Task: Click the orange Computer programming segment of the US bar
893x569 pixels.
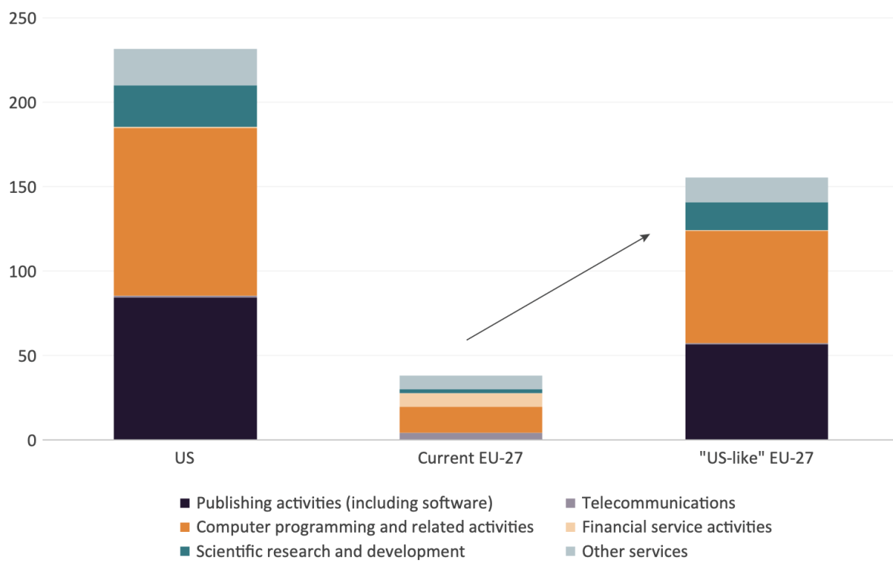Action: click(x=185, y=212)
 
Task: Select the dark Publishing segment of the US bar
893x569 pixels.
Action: click(x=185, y=368)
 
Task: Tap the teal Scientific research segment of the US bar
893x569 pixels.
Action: click(x=185, y=106)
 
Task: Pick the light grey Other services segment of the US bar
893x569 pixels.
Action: click(x=185, y=67)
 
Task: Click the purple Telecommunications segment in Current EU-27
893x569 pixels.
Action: click(x=471, y=436)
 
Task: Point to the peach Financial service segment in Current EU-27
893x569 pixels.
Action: click(x=471, y=400)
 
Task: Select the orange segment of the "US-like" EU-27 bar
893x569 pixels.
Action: click(x=756, y=287)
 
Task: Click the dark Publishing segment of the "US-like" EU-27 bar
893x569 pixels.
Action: click(x=756, y=392)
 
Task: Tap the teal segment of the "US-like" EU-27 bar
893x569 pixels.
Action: click(x=756, y=216)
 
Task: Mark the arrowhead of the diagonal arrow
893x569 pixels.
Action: click(x=646, y=237)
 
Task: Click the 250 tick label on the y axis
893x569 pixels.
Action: click(x=23, y=18)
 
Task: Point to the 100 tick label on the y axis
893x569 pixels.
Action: click(x=23, y=272)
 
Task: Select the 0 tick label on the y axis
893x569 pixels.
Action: click(x=31, y=440)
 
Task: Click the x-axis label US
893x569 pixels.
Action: click(x=185, y=459)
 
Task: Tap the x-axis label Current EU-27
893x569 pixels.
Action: click(x=471, y=459)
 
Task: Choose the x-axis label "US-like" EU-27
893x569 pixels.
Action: click(x=756, y=459)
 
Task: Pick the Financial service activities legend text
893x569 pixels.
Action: click(x=677, y=527)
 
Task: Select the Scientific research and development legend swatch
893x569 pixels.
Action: click(x=185, y=552)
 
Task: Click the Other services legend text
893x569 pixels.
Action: click(x=634, y=552)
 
